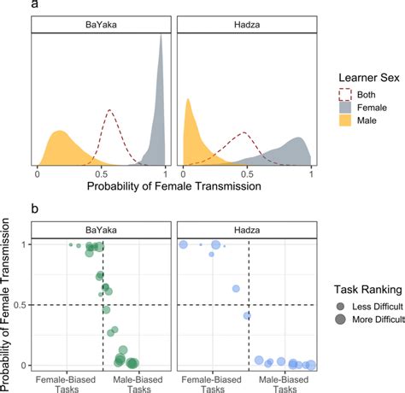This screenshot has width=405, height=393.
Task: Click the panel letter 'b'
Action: pyautogui.click(x=35, y=208)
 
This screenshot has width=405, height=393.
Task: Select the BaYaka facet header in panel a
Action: pyautogui.click(x=102, y=26)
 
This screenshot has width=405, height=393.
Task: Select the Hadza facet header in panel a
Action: pyautogui.click(x=245, y=26)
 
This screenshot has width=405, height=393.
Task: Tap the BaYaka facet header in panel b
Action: pyautogui.click(x=102, y=229)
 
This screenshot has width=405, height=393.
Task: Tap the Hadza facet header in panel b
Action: pyautogui.click(x=245, y=229)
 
